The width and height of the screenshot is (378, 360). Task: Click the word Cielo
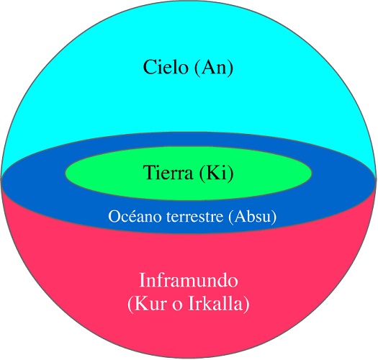tap(166, 67)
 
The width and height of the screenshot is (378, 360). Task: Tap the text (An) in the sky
tap(214, 68)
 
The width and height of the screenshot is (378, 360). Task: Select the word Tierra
tap(168, 172)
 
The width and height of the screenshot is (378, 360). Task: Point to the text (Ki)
tap(216, 173)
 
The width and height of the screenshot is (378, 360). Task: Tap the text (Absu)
tap(253, 217)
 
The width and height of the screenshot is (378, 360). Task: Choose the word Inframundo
tap(189, 280)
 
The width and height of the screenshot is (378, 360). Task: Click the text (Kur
tap(147, 303)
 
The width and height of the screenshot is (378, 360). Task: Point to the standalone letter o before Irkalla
tap(177, 306)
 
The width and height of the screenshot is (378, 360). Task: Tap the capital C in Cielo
tap(149, 67)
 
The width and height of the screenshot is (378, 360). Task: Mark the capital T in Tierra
tap(150, 172)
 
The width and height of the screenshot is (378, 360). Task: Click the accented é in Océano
tap(133, 217)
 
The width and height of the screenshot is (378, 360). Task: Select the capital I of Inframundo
tap(143, 280)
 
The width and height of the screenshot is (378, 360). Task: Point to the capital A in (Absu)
tap(240, 216)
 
